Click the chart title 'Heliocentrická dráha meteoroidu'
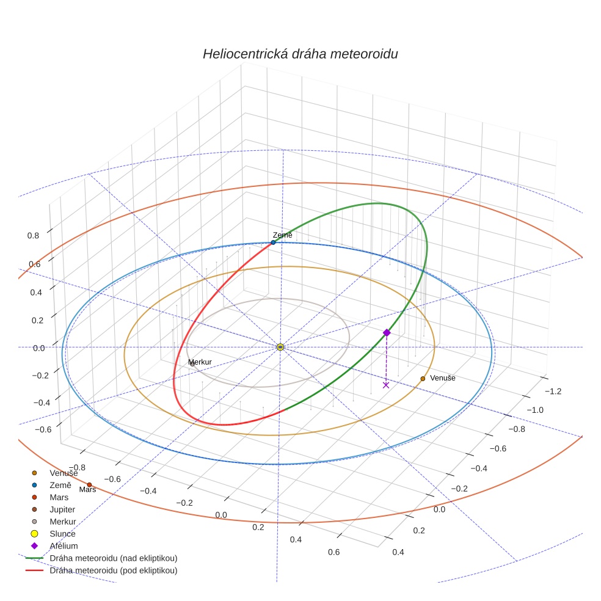point(300,54)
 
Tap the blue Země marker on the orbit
point(273,242)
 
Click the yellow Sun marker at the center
point(280,347)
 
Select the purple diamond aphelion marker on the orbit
point(387,332)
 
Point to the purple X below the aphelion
point(386,385)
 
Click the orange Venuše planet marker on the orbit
point(423,379)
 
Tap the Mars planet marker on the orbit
point(89,485)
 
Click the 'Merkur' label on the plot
point(200,362)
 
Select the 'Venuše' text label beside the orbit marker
point(443,378)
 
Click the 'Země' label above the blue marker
point(282,235)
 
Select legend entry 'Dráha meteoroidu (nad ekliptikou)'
point(113,558)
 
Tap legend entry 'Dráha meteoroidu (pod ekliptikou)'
point(113,570)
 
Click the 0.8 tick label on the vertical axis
point(33,235)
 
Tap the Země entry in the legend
point(60,485)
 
